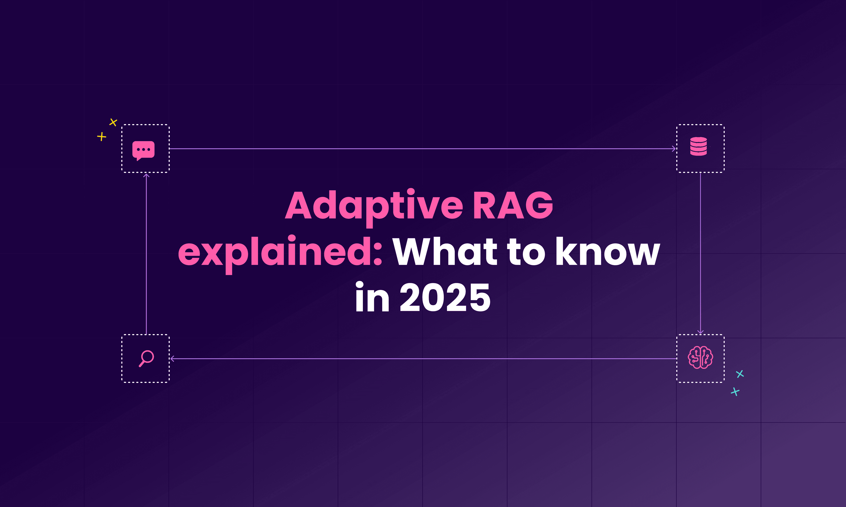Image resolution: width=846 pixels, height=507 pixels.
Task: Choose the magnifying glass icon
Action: coord(146,358)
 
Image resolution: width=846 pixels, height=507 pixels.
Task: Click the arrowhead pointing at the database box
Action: coord(674,149)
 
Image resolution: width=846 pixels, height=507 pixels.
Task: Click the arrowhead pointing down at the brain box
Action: coord(700,331)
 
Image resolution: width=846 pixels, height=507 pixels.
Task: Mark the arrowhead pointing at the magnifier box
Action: coord(172,359)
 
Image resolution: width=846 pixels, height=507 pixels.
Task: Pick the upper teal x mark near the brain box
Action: coord(740,374)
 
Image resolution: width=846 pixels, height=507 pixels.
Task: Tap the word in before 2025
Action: coord(372,298)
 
